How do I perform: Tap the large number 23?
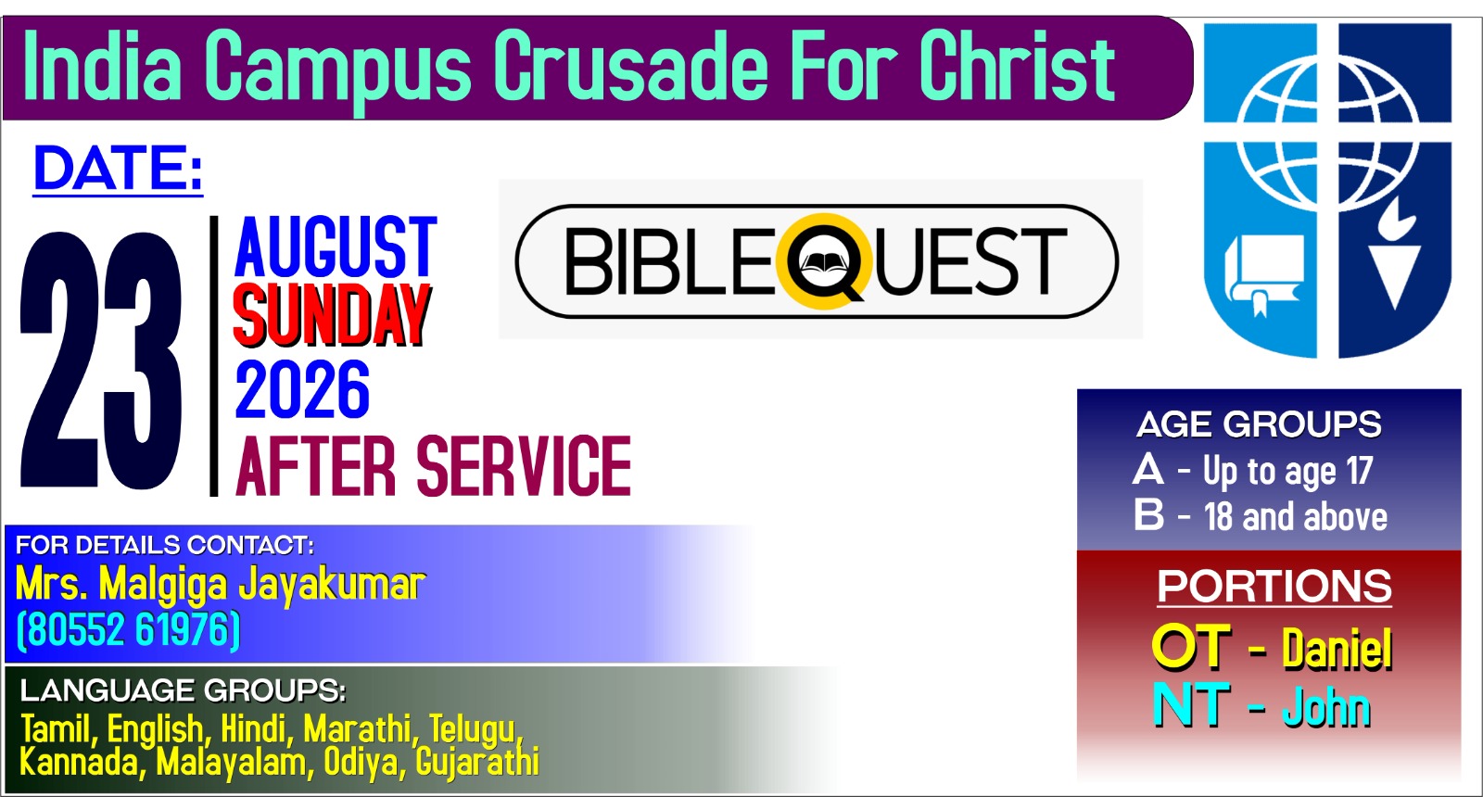tap(101, 361)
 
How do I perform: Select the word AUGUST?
tap(336, 246)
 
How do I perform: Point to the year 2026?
tap(302, 389)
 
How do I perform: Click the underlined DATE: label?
tap(118, 170)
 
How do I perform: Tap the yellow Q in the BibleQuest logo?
tap(825, 260)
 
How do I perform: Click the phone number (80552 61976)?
tap(128, 629)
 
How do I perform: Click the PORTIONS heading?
tap(1274, 586)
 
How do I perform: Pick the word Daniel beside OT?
tap(1337, 648)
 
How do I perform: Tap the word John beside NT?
tap(1326, 706)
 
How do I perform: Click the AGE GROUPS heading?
tap(1259, 424)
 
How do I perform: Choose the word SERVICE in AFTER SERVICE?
tap(523, 466)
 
